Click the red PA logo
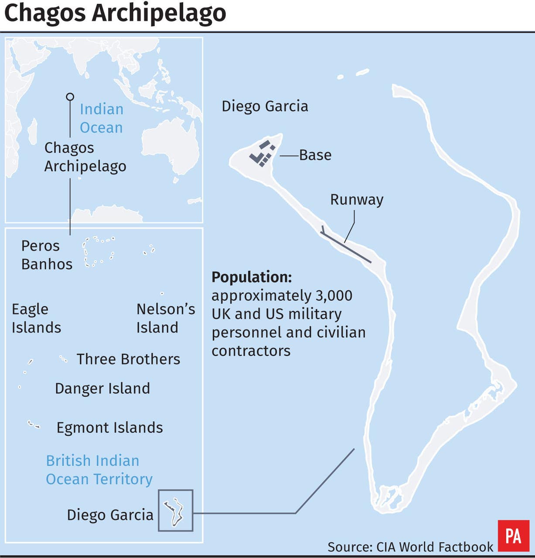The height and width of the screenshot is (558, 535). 513,536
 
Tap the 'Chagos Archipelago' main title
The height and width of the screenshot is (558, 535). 115,13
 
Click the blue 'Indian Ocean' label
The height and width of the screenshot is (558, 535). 102,118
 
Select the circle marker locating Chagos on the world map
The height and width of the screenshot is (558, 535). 70,97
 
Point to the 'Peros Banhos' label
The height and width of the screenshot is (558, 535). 47,255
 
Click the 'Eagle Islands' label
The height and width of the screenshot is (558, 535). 36,318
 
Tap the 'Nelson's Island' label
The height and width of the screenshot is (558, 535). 166,318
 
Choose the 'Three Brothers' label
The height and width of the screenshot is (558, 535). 128,359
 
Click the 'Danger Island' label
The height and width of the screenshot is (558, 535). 102,388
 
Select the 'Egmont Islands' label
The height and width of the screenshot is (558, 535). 109,428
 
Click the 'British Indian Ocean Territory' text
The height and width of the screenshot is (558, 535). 99,470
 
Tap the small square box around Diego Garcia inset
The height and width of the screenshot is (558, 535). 175,510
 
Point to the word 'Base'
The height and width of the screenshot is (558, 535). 315,155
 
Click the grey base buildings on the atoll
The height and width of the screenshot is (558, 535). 262,154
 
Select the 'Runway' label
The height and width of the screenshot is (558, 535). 357,200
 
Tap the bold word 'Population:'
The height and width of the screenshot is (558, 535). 252,277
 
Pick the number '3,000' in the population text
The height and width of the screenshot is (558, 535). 334,296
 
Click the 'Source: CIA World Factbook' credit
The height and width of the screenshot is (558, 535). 410,547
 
